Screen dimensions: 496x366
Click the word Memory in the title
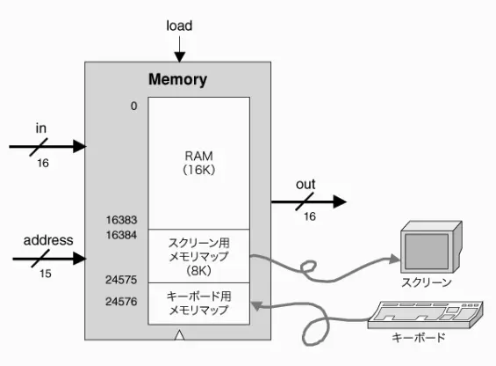(x=178, y=79)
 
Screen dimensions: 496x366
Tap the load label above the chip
(x=179, y=26)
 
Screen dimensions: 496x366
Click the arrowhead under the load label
(x=180, y=57)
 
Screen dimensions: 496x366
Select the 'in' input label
(x=40, y=128)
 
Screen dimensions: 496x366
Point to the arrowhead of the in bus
(x=79, y=147)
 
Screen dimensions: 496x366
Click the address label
(x=48, y=240)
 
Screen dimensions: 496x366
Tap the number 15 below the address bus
(x=46, y=274)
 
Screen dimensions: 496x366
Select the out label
(x=306, y=184)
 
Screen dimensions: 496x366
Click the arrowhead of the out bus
(x=340, y=201)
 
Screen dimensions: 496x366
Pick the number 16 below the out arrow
(x=310, y=216)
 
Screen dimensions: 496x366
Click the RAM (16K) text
(x=198, y=163)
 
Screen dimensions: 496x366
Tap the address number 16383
(x=121, y=220)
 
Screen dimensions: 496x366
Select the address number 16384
(x=121, y=235)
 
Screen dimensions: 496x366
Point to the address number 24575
(x=121, y=280)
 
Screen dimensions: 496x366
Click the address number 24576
(x=121, y=301)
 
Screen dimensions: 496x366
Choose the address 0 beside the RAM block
(x=133, y=106)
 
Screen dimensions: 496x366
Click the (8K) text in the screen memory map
(x=198, y=270)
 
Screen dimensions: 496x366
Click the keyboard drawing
(x=426, y=315)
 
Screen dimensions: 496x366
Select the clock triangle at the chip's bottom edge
(x=179, y=335)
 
